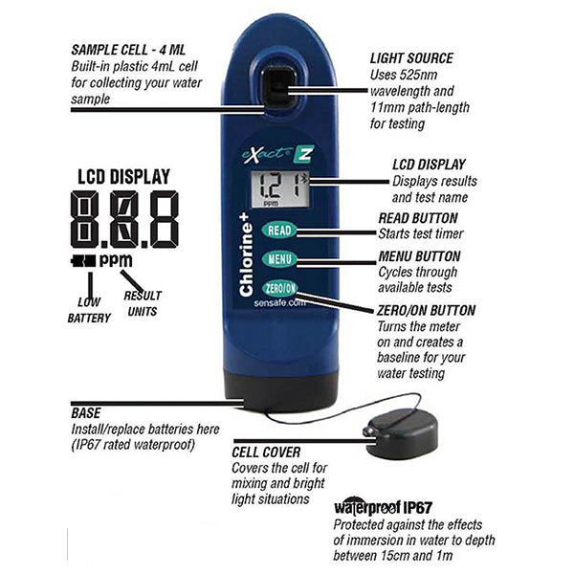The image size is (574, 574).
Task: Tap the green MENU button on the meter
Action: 279,259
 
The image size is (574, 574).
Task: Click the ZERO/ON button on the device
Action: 280,289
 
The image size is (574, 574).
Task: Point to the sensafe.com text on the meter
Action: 279,303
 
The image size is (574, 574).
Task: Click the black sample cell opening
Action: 280,87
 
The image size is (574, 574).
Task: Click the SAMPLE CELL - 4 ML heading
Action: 128,50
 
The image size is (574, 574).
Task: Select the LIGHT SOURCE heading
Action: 411,58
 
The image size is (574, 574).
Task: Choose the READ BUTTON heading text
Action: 418,218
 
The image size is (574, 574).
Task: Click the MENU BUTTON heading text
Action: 419,256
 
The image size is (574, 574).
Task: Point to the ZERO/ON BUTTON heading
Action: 426,310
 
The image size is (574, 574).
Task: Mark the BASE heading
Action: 86,413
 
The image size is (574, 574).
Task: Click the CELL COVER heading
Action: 266,453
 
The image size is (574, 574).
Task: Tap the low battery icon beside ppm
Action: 83,261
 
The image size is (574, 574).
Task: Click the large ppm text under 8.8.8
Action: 116,260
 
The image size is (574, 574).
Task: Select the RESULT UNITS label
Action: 143,303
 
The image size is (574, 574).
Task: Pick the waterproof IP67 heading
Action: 383,507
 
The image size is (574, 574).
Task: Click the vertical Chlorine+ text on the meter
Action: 246,255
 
